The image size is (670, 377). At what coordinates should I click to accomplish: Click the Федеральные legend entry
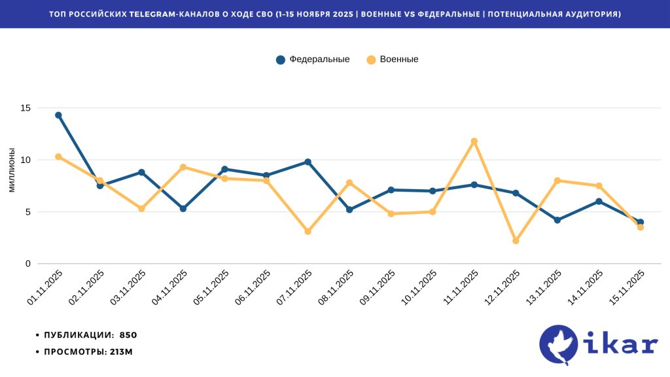(313, 60)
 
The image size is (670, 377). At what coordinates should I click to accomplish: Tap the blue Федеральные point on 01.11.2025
(58, 115)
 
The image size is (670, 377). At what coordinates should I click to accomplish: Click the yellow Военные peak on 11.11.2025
(474, 141)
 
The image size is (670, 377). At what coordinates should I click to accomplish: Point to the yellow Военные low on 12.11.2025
(516, 241)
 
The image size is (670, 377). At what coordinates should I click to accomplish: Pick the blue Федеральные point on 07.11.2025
(308, 162)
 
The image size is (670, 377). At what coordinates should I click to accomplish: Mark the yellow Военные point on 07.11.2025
(308, 231)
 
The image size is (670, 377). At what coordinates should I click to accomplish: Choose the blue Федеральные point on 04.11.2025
(183, 209)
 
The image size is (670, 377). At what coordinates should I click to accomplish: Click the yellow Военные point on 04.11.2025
(183, 167)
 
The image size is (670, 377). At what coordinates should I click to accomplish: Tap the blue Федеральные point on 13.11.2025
(557, 220)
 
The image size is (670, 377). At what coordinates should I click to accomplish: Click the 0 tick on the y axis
(28, 264)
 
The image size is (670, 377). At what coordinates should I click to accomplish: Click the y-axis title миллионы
(11, 170)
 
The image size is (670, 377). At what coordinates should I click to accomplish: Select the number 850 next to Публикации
(128, 335)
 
